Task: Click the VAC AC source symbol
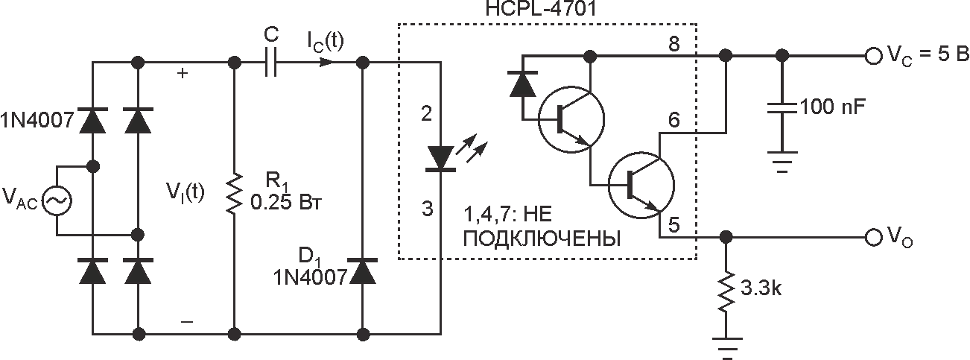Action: tap(57, 200)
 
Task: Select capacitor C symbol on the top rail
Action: tap(270, 63)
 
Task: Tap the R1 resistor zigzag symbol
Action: tap(234, 194)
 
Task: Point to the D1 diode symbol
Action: tap(363, 273)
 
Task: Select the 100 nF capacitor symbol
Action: tap(782, 110)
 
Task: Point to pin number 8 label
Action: tap(675, 45)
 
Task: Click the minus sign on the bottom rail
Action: tap(186, 321)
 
